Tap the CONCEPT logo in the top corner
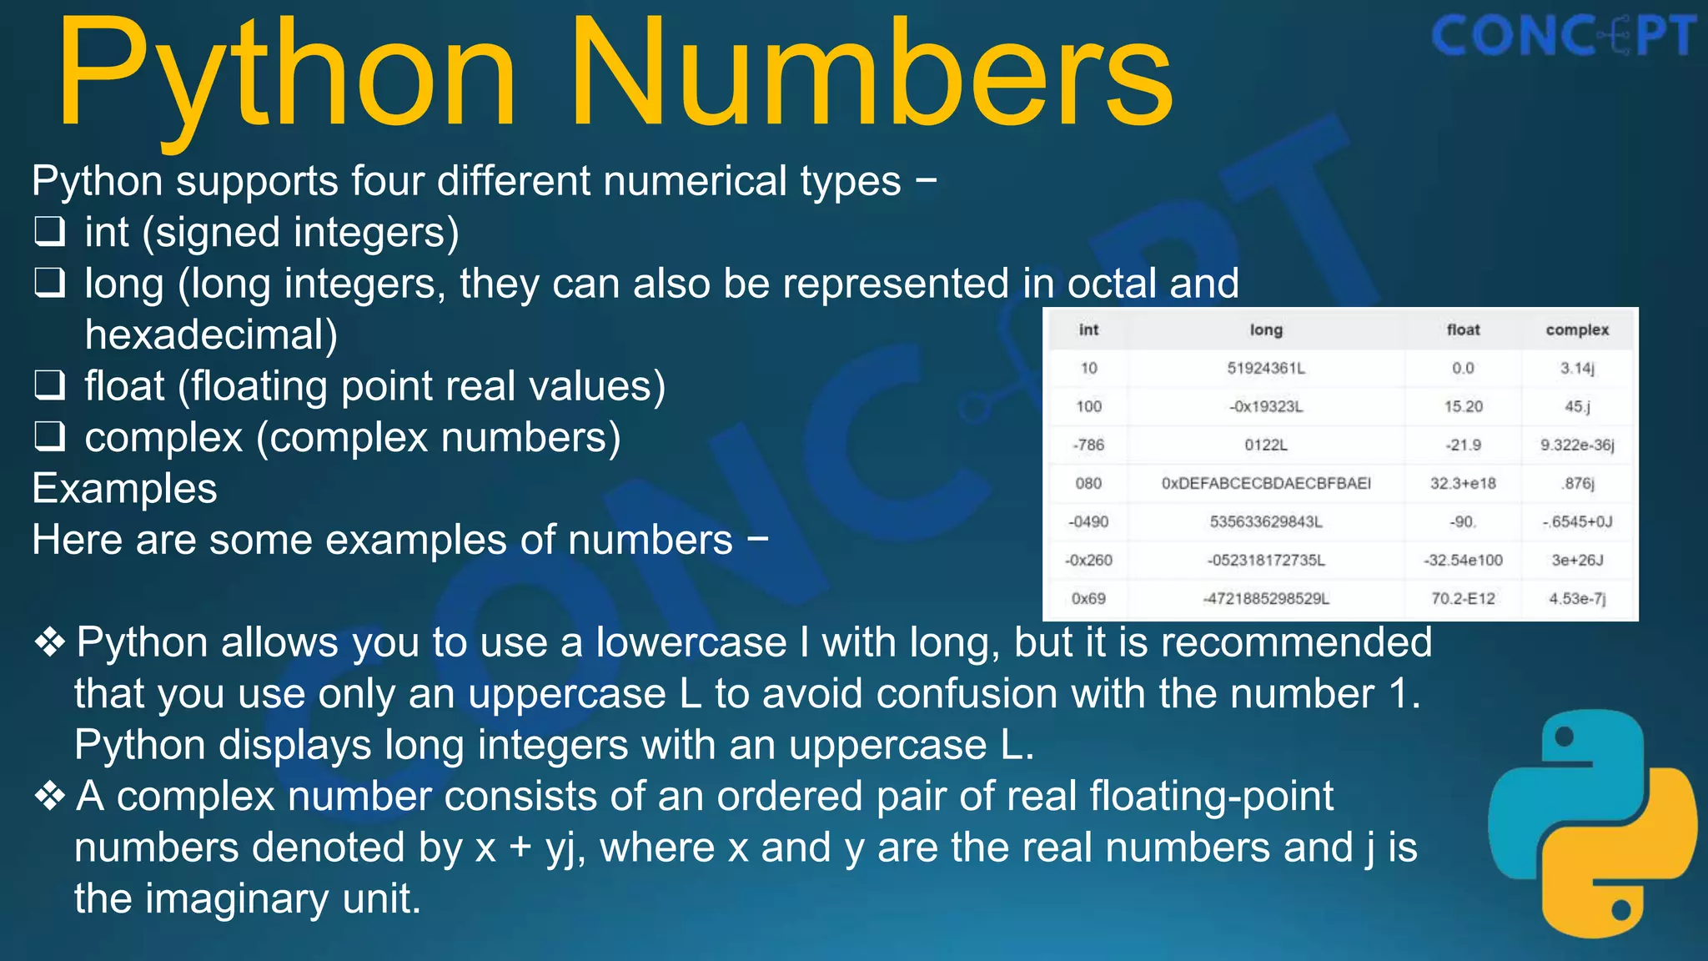click(x=1563, y=37)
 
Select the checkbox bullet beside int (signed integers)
click(x=50, y=231)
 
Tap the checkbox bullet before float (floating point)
click(x=50, y=385)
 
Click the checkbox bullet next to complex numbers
click(x=50, y=436)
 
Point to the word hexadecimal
click(x=211, y=335)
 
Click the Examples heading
click(x=125, y=488)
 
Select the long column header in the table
click(x=1266, y=330)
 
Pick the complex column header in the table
click(x=1577, y=330)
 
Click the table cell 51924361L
click(x=1266, y=368)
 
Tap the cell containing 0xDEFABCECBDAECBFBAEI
click(x=1266, y=483)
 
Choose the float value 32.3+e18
click(x=1463, y=483)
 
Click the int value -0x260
click(x=1088, y=560)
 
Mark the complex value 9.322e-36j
click(x=1577, y=445)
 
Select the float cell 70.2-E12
click(x=1463, y=598)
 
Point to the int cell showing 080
click(x=1088, y=483)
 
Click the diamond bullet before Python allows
click(x=50, y=642)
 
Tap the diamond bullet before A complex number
click(x=50, y=796)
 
